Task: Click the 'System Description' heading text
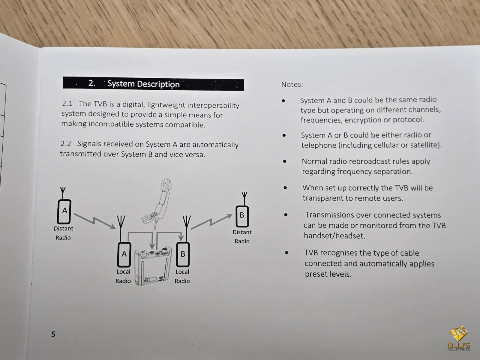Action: pyautogui.click(x=143, y=84)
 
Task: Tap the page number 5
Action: pyautogui.click(x=53, y=334)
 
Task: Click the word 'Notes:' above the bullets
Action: pyautogui.click(x=292, y=84)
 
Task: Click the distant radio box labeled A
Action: pyautogui.click(x=64, y=211)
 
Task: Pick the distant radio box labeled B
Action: pyautogui.click(x=242, y=216)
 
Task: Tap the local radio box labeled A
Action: pyautogui.click(x=124, y=254)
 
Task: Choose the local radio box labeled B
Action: pyautogui.click(x=183, y=254)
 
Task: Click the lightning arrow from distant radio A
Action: pyautogui.click(x=95, y=221)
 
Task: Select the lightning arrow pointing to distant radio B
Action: pyautogui.click(x=211, y=221)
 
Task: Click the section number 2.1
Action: pyautogui.click(x=67, y=103)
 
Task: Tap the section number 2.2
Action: pyautogui.click(x=66, y=144)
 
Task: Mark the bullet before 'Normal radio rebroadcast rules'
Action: pyautogui.click(x=284, y=161)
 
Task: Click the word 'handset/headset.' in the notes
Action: pyautogui.click(x=334, y=235)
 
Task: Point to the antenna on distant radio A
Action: pyautogui.click(x=63, y=193)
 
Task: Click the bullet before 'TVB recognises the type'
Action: pyautogui.click(x=287, y=253)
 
